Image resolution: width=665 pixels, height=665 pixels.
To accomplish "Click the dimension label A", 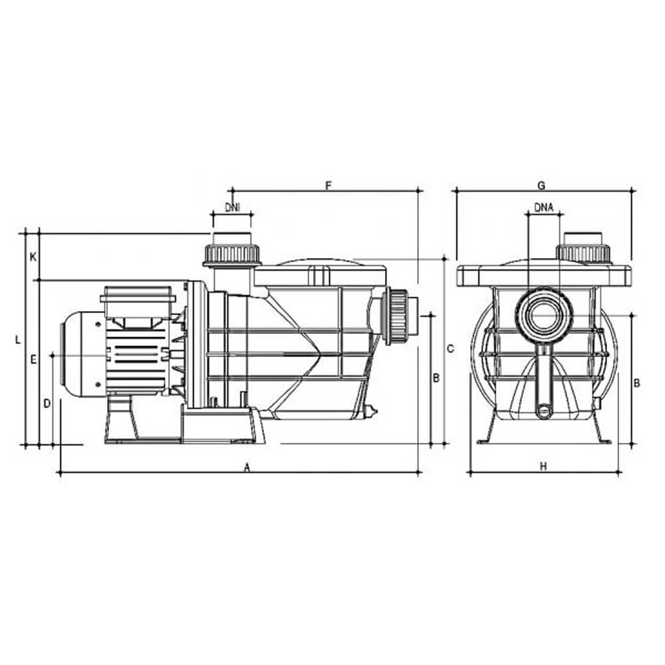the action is [x=247, y=467].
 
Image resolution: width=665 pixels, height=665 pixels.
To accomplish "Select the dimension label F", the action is [x=328, y=186].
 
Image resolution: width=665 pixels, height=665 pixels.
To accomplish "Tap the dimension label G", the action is [x=541, y=186].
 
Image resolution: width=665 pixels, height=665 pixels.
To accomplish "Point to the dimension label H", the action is [x=543, y=467].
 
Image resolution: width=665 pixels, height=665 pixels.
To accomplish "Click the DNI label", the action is [x=232, y=207].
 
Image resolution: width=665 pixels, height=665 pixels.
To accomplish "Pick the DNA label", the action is [x=544, y=207].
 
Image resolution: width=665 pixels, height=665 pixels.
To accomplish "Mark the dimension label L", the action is [x=17, y=340].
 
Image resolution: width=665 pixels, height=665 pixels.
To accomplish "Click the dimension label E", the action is [x=33, y=360].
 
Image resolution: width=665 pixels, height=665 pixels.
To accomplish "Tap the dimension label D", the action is [x=47, y=404].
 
